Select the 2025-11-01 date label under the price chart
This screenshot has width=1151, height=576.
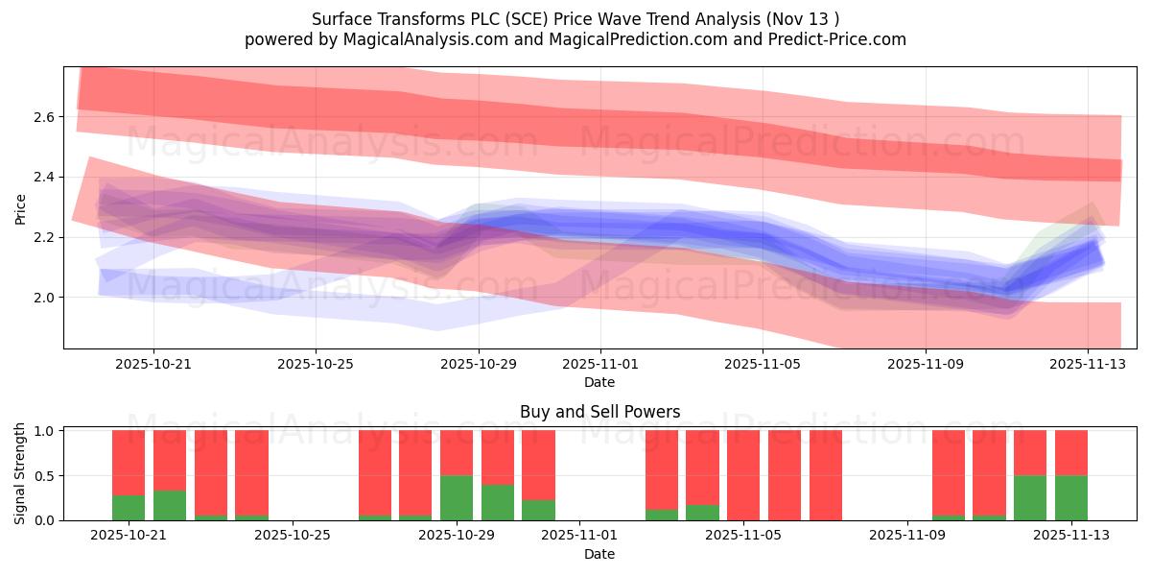click(600, 365)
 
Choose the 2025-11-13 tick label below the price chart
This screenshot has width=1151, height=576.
click(1087, 365)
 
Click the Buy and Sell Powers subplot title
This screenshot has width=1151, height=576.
click(599, 412)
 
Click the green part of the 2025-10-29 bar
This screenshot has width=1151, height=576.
click(457, 497)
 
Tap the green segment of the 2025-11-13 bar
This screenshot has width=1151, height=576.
click(1071, 497)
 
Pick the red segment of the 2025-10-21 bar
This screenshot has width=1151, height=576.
click(129, 462)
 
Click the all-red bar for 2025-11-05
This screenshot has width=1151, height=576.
click(743, 475)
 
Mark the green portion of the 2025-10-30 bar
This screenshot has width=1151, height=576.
click(498, 502)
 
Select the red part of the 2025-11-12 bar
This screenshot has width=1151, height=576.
click(1030, 452)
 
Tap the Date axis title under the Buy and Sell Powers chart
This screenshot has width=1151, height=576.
click(599, 554)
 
